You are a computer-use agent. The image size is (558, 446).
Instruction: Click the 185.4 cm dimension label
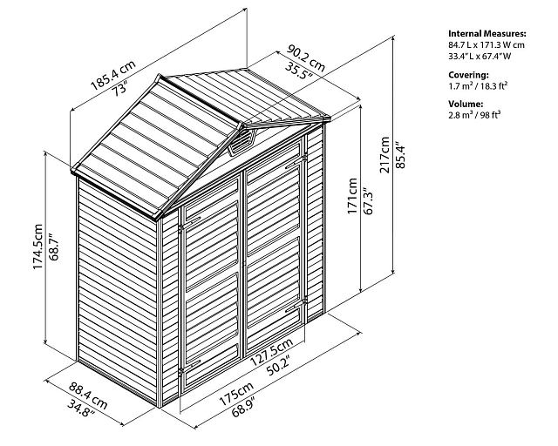(x=113, y=75)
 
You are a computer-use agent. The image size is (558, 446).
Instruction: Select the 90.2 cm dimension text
(x=306, y=57)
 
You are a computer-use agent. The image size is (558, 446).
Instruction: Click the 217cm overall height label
(x=384, y=155)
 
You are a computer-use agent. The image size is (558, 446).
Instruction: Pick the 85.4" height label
(x=401, y=156)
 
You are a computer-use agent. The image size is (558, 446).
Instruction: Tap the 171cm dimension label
(x=352, y=196)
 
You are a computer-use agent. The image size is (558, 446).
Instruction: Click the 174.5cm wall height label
(x=37, y=247)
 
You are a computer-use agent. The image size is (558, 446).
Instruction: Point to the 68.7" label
(x=53, y=247)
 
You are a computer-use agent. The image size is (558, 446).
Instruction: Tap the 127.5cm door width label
(x=271, y=352)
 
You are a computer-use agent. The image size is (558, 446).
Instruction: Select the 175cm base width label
(x=236, y=394)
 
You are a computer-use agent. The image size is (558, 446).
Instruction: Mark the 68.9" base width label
(x=246, y=407)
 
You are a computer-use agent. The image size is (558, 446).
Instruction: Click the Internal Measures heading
(x=487, y=34)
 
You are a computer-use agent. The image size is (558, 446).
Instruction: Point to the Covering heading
(x=468, y=75)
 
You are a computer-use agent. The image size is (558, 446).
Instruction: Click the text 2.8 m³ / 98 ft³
(x=474, y=114)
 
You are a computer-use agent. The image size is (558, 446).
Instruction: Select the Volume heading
(x=466, y=104)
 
